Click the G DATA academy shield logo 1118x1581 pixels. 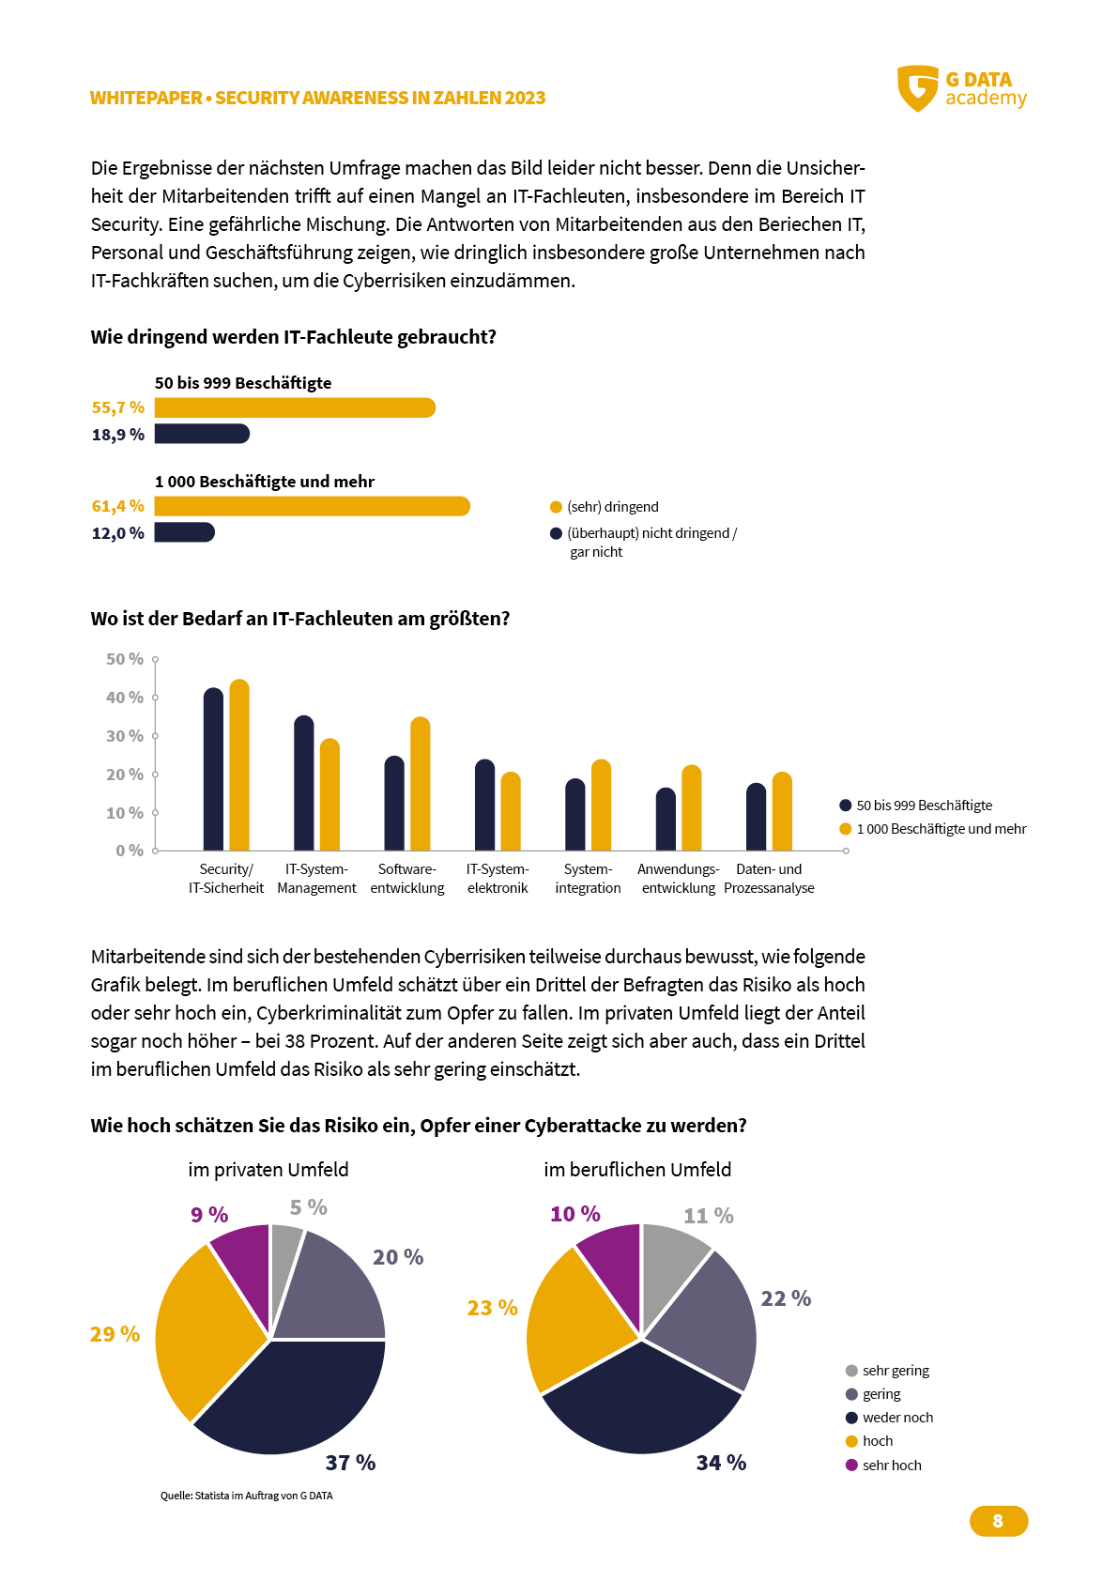(917, 88)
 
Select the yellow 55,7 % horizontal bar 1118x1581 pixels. (295, 407)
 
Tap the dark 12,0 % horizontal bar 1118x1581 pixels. (184, 532)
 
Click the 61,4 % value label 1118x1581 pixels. (118, 506)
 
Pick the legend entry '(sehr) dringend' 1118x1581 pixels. (605, 507)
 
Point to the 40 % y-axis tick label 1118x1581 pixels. (124, 698)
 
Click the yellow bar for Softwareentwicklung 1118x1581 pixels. (420, 783)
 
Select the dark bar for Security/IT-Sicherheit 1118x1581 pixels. (213, 769)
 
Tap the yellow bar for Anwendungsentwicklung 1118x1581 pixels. (692, 807)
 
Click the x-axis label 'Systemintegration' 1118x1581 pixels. (588, 878)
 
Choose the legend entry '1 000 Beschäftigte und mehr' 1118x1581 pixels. (932, 829)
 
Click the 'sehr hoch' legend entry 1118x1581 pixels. (883, 1465)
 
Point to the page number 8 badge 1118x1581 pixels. (998, 1520)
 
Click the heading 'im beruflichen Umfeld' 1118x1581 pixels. (637, 1170)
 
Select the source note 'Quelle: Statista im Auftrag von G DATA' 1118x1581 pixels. (246, 1495)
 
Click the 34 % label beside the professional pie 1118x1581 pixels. (721, 1462)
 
